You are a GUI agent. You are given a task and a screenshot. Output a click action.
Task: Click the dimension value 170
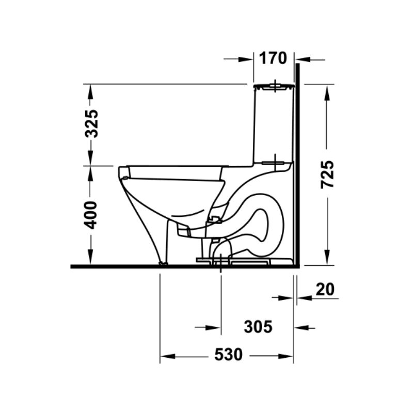[x=273, y=58]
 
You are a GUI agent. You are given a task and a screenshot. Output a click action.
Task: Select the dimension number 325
[x=92, y=123]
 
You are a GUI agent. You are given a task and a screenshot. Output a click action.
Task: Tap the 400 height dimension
[x=91, y=215]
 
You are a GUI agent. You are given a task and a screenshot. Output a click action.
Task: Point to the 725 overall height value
[x=327, y=174]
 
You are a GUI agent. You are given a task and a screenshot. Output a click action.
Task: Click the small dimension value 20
[x=325, y=289]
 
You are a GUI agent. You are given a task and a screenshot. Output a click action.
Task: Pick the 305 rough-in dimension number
[x=258, y=327]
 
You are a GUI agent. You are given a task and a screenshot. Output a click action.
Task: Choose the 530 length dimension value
[x=228, y=355]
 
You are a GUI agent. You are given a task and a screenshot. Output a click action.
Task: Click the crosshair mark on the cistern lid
[x=275, y=86]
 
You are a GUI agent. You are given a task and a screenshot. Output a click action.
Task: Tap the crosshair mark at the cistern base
[x=275, y=162]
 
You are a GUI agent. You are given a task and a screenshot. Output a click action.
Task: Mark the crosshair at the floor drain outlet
[x=221, y=263]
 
